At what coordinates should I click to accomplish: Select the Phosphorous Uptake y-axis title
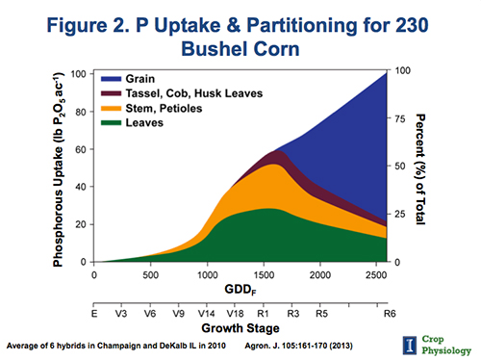[x=59, y=167]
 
